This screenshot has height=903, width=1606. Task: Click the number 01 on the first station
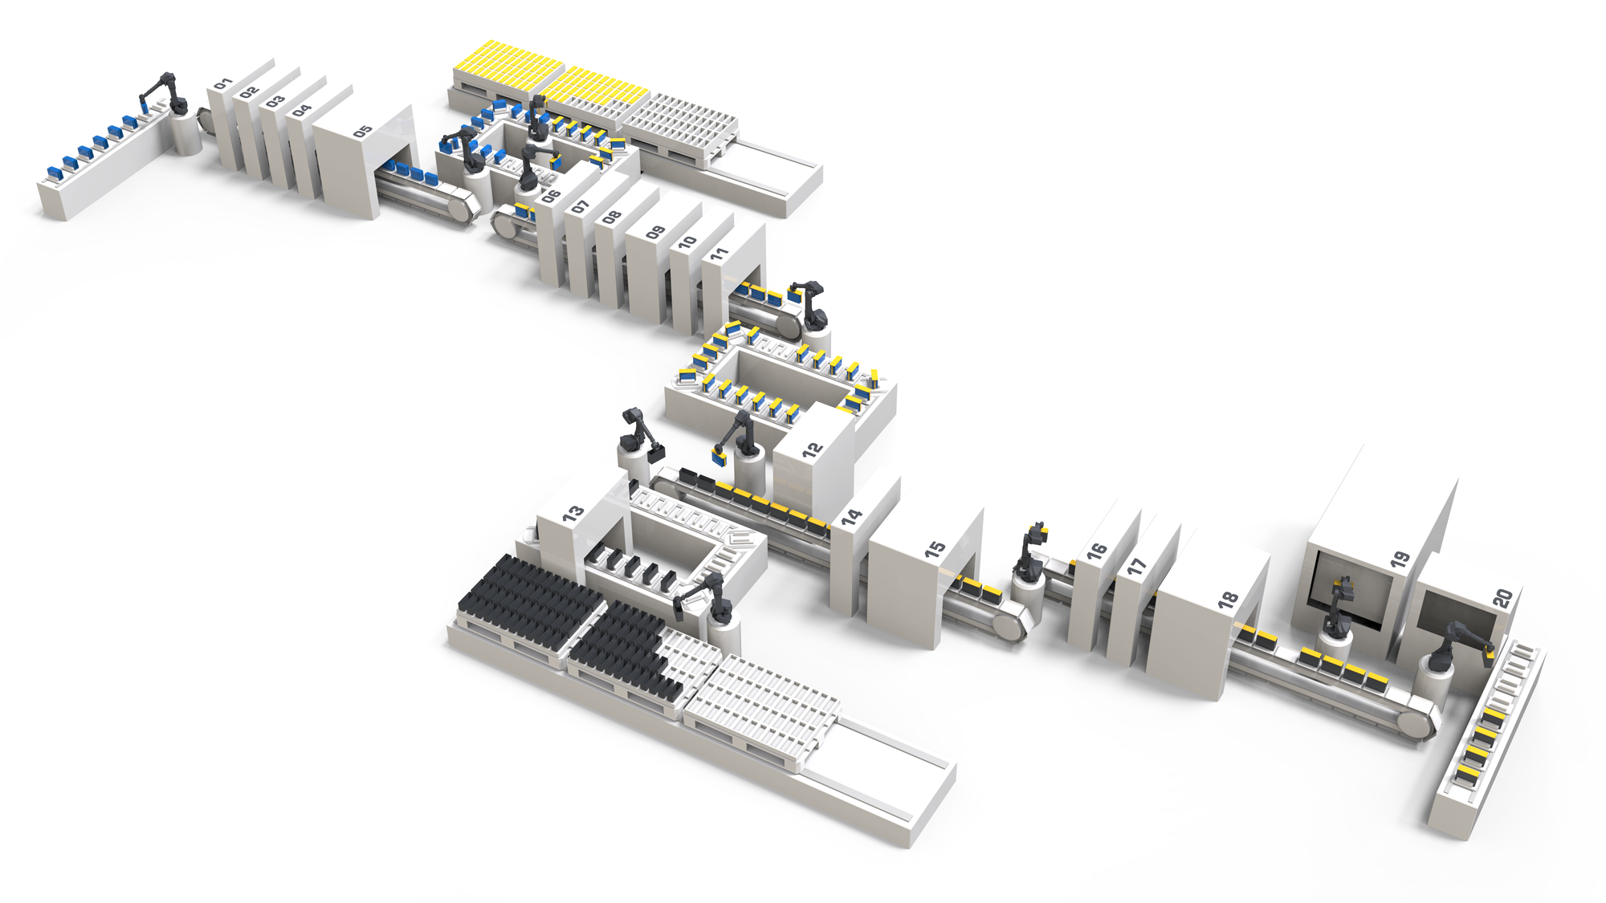tap(223, 83)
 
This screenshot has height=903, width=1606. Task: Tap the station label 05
tap(363, 131)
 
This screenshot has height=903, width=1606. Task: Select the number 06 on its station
tap(551, 195)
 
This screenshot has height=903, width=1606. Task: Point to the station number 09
tap(655, 232)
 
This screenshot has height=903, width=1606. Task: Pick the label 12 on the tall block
tap(813, 449)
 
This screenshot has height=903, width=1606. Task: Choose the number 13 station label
tap(573, 514)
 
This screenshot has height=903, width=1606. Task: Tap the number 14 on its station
tap(851, 516)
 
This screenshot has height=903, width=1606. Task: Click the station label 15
tap(935, 550)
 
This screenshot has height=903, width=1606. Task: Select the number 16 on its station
tap(1097, 551)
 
